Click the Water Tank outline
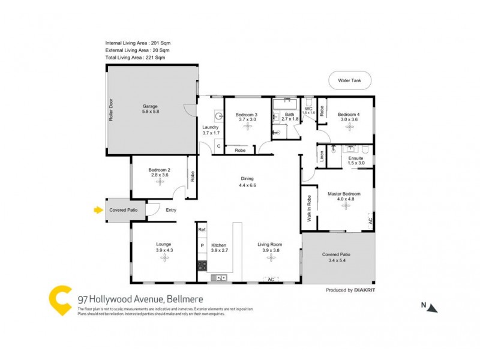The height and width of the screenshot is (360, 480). (350, 80)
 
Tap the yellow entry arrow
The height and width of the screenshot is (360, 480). (98, 210)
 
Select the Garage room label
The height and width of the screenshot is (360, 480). (149, 106)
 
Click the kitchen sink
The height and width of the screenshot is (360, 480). (221, 277)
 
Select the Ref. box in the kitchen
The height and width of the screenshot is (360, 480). (202, 230)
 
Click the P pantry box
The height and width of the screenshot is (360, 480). (202, 246)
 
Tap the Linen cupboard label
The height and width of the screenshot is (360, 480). (322, 156)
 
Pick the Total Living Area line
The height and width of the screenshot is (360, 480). (137, 58)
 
